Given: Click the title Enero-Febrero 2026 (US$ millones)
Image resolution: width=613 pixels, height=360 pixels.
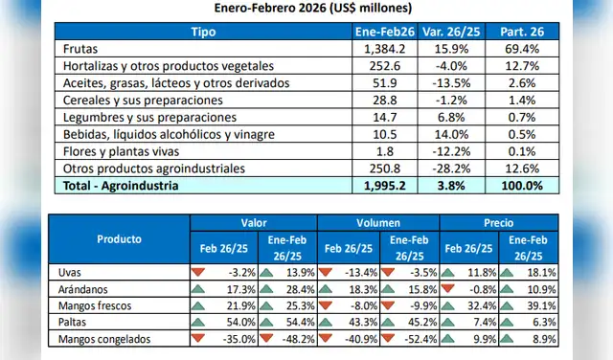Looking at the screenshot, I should click(307, 9).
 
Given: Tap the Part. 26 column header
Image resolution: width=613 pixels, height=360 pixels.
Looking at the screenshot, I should click(526, 32).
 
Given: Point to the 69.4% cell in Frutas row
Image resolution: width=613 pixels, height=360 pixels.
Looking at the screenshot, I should click(526, 48).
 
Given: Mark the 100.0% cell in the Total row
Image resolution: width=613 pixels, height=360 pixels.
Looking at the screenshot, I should click(526, 186).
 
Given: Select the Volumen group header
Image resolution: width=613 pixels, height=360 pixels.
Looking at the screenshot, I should click(377, 221).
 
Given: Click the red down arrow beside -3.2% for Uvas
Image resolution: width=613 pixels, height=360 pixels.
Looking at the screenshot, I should click(199, 272).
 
